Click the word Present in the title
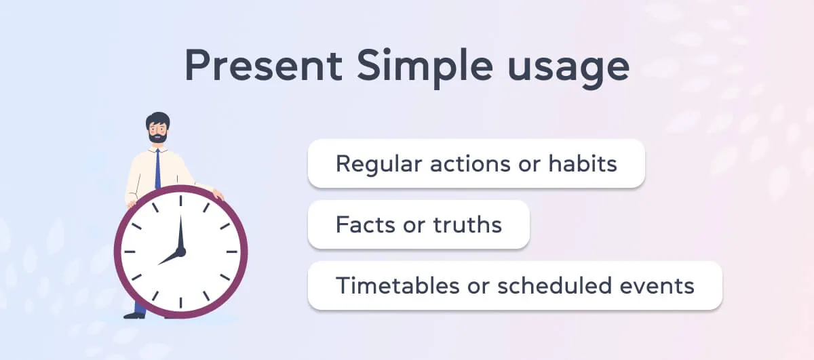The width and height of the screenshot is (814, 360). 263,67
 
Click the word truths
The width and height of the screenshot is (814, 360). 468,224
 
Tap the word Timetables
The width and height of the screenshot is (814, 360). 394,285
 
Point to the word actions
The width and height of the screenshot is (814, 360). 464,164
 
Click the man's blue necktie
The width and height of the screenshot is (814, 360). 157,169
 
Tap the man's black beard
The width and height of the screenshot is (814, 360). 157,137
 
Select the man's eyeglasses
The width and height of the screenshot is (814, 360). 157,127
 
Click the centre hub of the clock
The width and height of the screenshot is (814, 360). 180,252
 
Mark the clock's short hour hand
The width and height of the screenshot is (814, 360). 169,258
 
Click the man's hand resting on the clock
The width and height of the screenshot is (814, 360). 217,195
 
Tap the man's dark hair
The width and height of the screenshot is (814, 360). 157,118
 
